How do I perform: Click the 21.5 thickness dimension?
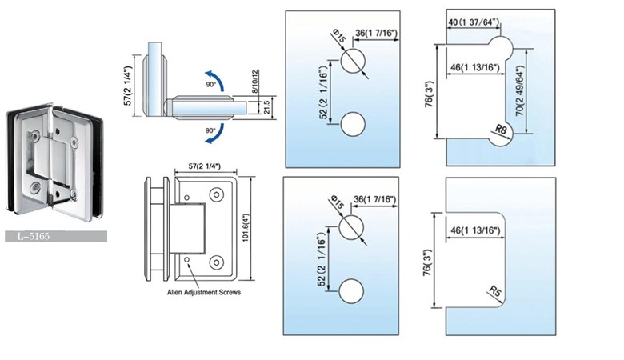point(267,106)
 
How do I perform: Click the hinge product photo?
point(50,160)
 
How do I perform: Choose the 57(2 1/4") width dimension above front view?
point(198,166)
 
